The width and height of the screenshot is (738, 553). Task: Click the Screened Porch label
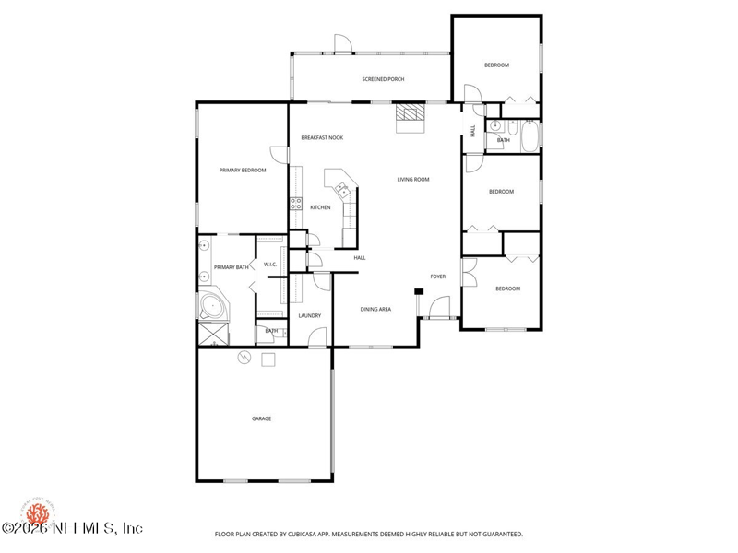(x=383, y=79)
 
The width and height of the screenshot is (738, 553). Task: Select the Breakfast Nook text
(x=322, y=137)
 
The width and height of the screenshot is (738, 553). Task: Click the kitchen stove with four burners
(x=296, y=205)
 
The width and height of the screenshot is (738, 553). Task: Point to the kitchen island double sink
(x=341, y=190)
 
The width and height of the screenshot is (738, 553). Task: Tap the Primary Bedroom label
(x=243, y=171)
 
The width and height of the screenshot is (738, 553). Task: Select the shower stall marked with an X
(x=214, y=333)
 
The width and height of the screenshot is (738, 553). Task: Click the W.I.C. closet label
(x=270, y=265)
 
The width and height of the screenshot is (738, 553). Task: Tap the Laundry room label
(x=309, y=315)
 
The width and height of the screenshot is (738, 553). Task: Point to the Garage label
(x=262, y=418)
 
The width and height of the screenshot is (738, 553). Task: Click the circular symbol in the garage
(x=244, y=358)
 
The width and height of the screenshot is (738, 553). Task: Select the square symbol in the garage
(x=268, y=360)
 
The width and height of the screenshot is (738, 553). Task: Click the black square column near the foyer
(x=418, y=292)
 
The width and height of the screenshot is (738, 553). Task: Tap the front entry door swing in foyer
(x=439, y=307)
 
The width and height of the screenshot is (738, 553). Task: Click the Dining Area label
(x=375, y=309)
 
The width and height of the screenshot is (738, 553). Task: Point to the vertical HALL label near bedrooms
(x=473, y=132)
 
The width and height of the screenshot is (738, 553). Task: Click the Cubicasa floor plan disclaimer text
(x=369, y=534)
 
